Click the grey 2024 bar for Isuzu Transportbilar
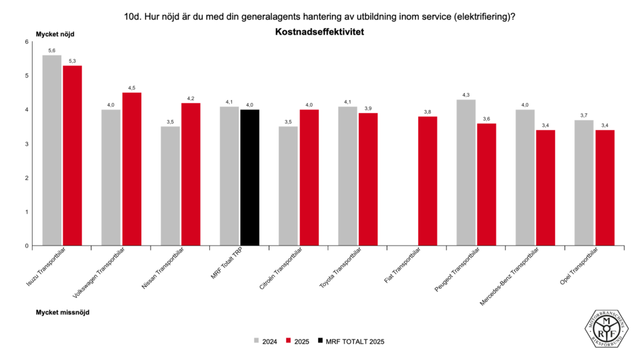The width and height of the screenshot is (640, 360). tap(52, 150)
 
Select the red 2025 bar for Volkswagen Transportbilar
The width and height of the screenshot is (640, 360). tap(132, 169)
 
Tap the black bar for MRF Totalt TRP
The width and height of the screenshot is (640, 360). tap(250, 177)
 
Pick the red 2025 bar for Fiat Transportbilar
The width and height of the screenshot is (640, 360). tap(427, 181)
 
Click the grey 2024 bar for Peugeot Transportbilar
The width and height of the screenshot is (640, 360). tap(466, 172)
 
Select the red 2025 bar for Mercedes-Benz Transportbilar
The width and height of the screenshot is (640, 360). tap(546, 187)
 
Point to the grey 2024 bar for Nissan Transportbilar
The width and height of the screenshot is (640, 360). tap(171, 186)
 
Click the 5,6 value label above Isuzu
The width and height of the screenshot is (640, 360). tap(52, 50)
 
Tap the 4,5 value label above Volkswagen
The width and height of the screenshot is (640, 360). tap(132, 87)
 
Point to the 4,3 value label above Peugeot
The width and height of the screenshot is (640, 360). tap(466, 94)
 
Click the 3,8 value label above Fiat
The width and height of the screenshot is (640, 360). tap(427, 111)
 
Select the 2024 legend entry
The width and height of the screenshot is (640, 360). tap(265, 342)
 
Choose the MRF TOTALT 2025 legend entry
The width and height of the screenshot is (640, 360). tap(351, 342)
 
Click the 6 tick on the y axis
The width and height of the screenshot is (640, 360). tap(26, 42)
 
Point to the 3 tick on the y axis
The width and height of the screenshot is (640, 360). tap(26, 144)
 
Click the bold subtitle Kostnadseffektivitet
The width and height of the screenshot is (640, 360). tap(319, 31)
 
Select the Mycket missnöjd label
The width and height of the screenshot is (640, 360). tap(62, 311)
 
